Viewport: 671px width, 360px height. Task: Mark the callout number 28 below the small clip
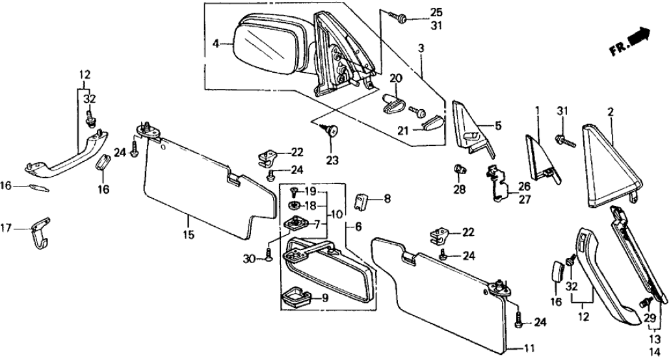coord(460,190)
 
